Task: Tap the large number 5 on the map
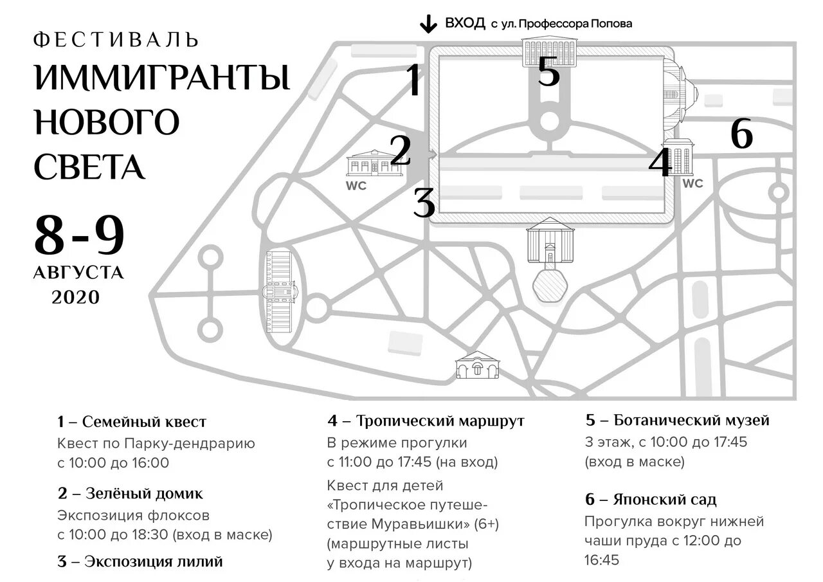pos(548,72)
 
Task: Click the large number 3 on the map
pos(424,203)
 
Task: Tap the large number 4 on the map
pos(660,163)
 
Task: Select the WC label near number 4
pos(692,183)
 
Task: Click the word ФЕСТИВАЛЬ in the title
pos(116,40)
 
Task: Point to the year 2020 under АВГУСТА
pos(76,297)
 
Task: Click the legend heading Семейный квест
pos(145,422)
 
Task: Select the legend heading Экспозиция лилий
pos(154,561)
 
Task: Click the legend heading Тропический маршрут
pos(440,421)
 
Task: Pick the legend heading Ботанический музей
pos(691,421)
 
